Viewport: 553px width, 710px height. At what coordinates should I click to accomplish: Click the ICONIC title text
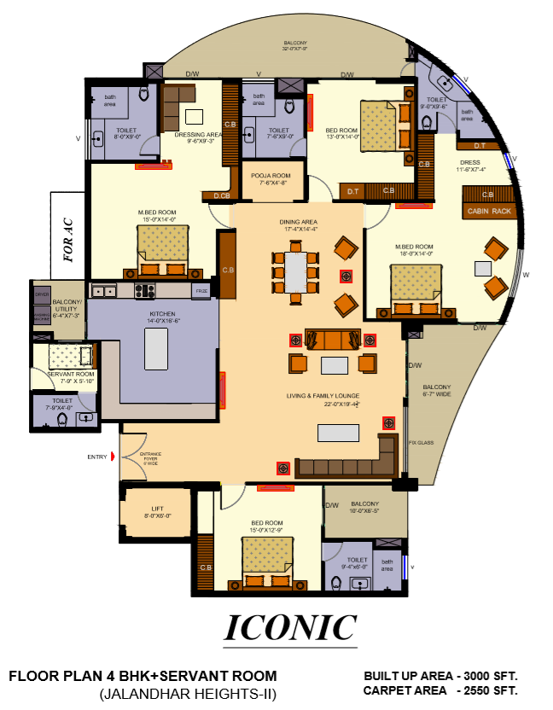290,627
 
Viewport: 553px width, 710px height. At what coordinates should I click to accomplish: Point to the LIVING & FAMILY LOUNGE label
323,396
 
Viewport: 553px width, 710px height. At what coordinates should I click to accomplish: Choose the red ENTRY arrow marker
112,457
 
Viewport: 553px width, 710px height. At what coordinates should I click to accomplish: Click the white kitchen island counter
157,348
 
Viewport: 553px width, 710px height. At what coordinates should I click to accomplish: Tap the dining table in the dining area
295,271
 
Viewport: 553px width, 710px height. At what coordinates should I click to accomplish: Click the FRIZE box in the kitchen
201,291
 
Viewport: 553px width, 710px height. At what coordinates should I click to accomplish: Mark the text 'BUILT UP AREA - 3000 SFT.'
440,676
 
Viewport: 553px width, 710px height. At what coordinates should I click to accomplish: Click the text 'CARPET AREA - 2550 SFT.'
440,690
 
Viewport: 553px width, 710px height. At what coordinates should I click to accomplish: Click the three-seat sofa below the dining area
333,340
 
